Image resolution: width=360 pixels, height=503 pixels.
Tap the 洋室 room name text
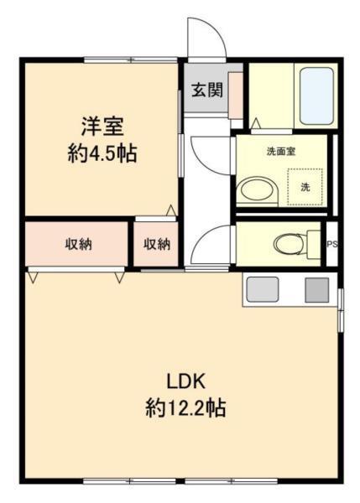coord(102,128)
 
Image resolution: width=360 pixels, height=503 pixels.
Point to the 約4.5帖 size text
coord(102,154)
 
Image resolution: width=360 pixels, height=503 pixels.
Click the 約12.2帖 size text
coord(185,408)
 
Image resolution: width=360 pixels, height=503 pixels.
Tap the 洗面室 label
coord(280,153)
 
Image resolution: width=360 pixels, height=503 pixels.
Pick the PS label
coord(331,245)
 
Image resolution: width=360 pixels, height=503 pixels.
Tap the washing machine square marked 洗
coord(305,186)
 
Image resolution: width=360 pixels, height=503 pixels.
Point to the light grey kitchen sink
coord(261,289)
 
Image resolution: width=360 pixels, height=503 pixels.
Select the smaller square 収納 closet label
coord(157,245)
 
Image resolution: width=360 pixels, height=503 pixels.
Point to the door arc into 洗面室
coord(210,155)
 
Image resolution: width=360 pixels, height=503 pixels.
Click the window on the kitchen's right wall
coord(340,309)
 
